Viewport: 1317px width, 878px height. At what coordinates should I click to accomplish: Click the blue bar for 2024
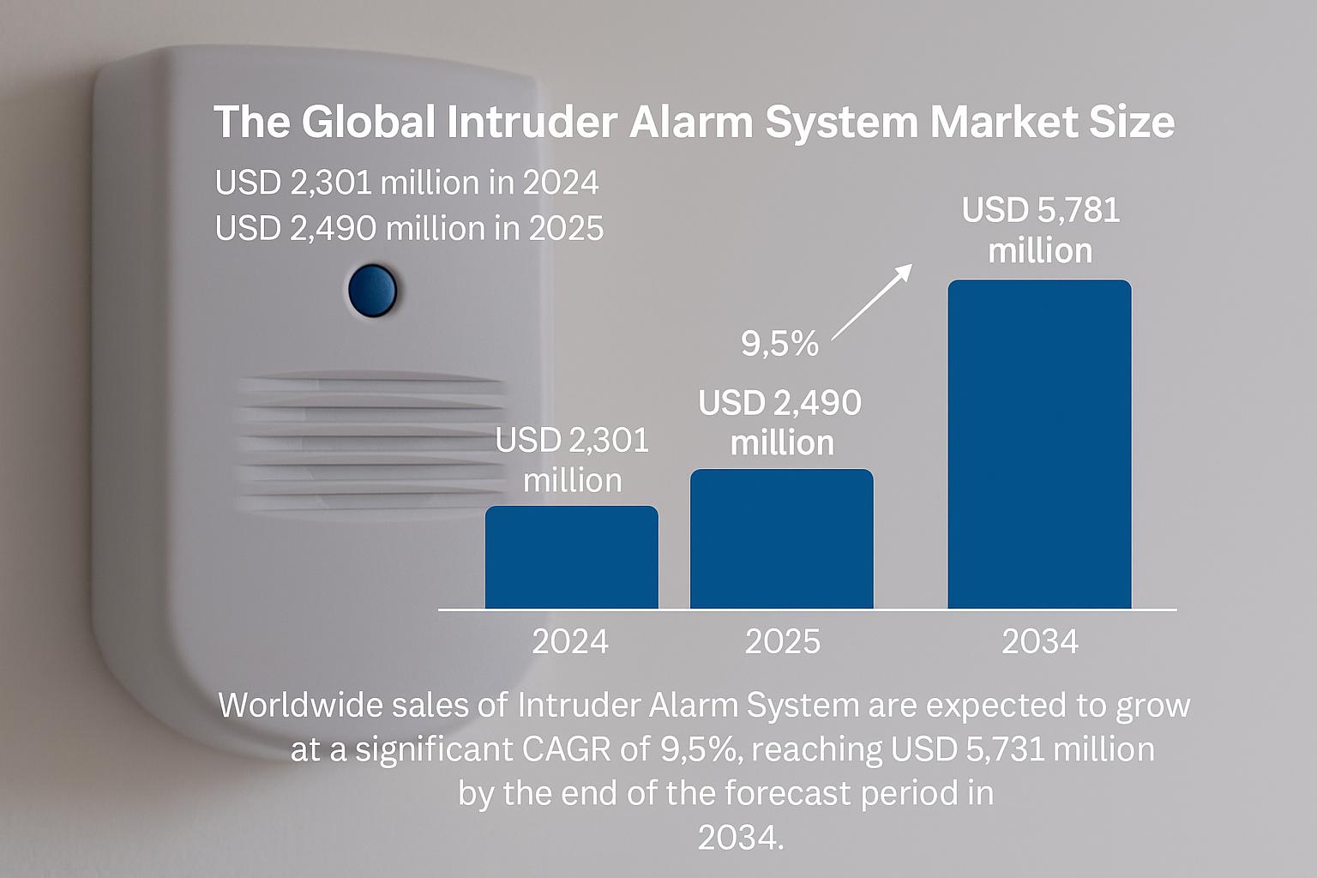tap(572, 557)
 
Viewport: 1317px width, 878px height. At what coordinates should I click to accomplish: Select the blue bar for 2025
tap(781, 538)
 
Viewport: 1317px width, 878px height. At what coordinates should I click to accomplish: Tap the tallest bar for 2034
tap(1039, 444)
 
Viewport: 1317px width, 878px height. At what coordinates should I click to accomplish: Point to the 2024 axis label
tap(569, 641)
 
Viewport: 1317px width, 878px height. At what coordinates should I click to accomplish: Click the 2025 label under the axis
tap(782, 641)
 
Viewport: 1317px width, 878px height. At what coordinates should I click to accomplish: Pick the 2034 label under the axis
tap(1039, 641)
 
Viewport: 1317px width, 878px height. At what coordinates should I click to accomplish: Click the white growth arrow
tap(871, 302)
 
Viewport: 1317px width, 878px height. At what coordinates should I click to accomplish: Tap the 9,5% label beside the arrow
tap(779, 344)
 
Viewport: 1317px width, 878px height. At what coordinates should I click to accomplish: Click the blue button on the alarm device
tap(372, 291)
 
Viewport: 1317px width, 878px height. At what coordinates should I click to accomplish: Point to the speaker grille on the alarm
tap(370, 441)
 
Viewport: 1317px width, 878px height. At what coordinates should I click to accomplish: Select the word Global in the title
tap(369, 122)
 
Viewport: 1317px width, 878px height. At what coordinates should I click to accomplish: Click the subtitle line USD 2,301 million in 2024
tap(407, 183)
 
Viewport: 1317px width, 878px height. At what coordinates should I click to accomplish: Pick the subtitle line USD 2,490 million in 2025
tap(409, 228)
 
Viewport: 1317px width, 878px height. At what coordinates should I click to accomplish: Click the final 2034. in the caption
tap(741, 838)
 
